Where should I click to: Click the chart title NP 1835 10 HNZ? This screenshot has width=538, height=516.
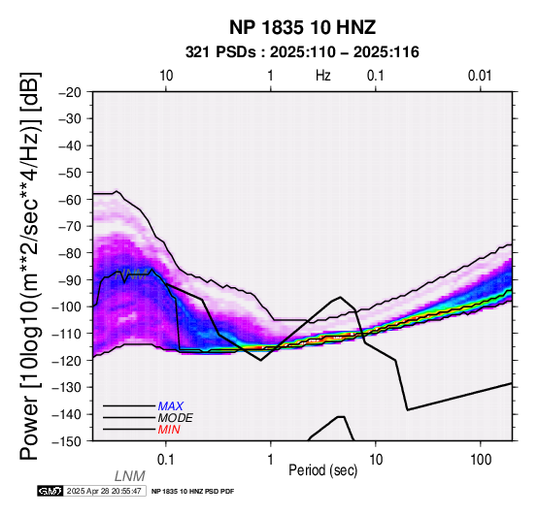click(302, 27)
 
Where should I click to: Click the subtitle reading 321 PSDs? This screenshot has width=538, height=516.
click(220, 52)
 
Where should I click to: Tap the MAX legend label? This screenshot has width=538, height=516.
click(171, 406)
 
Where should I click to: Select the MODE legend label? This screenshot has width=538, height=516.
click(176, 418)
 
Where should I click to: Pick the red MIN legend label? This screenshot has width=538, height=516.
click(169, 430)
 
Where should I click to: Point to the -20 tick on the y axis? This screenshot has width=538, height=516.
click(70, 92)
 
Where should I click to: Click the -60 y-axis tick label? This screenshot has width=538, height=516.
click(70, 200)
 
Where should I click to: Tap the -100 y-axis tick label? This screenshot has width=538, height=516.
click(66, 306)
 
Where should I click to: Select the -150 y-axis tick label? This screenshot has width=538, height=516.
click(66, 441)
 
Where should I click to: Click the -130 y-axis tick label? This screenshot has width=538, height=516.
click(66, 387)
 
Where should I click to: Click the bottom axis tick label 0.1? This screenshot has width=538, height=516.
click(166, 460)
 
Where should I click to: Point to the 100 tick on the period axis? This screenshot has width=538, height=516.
click(481, 460)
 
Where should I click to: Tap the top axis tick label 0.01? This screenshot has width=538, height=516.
click(480, 76)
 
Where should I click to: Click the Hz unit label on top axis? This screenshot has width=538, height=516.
click(322, 76)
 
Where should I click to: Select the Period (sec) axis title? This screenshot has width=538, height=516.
click(322, 470)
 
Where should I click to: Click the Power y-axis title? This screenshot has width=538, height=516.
click(30, 266)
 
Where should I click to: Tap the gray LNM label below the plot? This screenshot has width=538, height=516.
click(130, 476)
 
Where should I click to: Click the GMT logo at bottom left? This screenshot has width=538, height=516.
click(50, 491)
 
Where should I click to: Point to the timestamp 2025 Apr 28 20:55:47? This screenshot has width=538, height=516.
click(104, 491)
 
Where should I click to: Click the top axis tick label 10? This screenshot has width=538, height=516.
click(166, 76)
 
